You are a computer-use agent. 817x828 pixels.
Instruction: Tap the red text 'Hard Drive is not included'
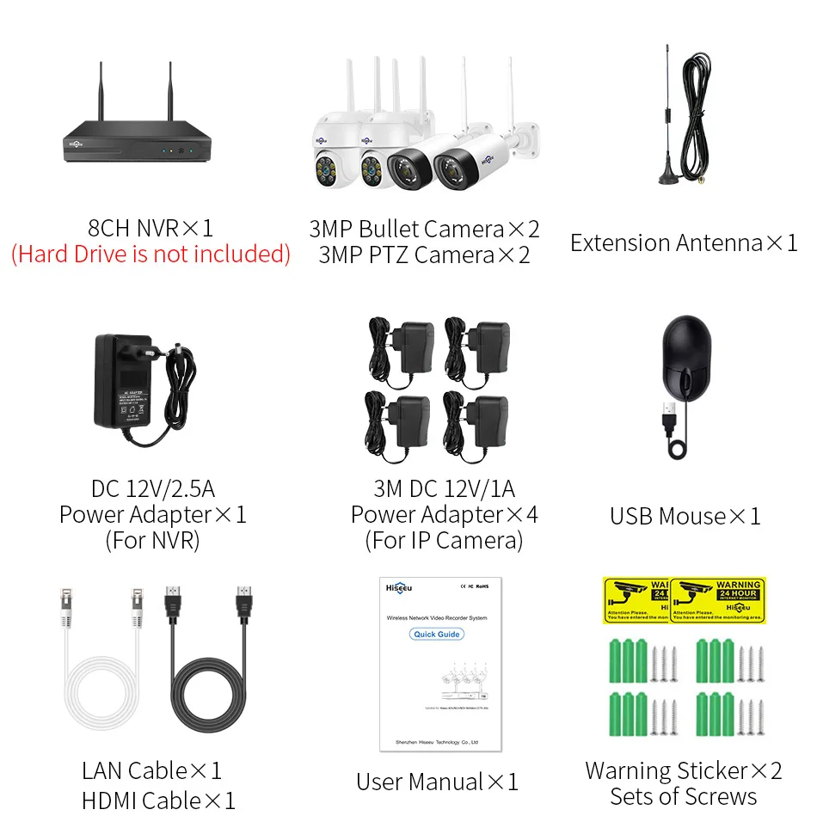[x=150, y=255]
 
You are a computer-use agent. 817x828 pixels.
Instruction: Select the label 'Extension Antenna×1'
[x=684, y=243]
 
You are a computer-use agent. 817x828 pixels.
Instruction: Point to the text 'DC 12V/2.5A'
[x=153, y=489]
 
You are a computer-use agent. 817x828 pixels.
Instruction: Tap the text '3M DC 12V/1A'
[x=444, y=489]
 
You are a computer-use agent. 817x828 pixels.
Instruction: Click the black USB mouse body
[x=686, y=355]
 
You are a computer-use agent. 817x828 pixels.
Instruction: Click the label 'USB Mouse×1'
[x=685, y=516]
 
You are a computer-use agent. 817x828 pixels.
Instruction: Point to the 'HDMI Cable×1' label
[x=158, y=800]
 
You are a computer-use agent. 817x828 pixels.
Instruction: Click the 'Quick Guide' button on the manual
[x=437, y=635]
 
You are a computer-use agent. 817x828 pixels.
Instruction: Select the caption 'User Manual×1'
[x=438, y=782]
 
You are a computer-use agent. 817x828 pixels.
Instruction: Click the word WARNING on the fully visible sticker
[x=738, y=586]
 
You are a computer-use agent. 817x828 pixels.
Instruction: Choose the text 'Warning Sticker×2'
[x=684, y=770]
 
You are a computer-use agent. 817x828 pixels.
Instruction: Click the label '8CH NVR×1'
[x=150, y=229]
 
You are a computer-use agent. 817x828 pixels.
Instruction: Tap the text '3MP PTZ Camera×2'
[x=425, y=255]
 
